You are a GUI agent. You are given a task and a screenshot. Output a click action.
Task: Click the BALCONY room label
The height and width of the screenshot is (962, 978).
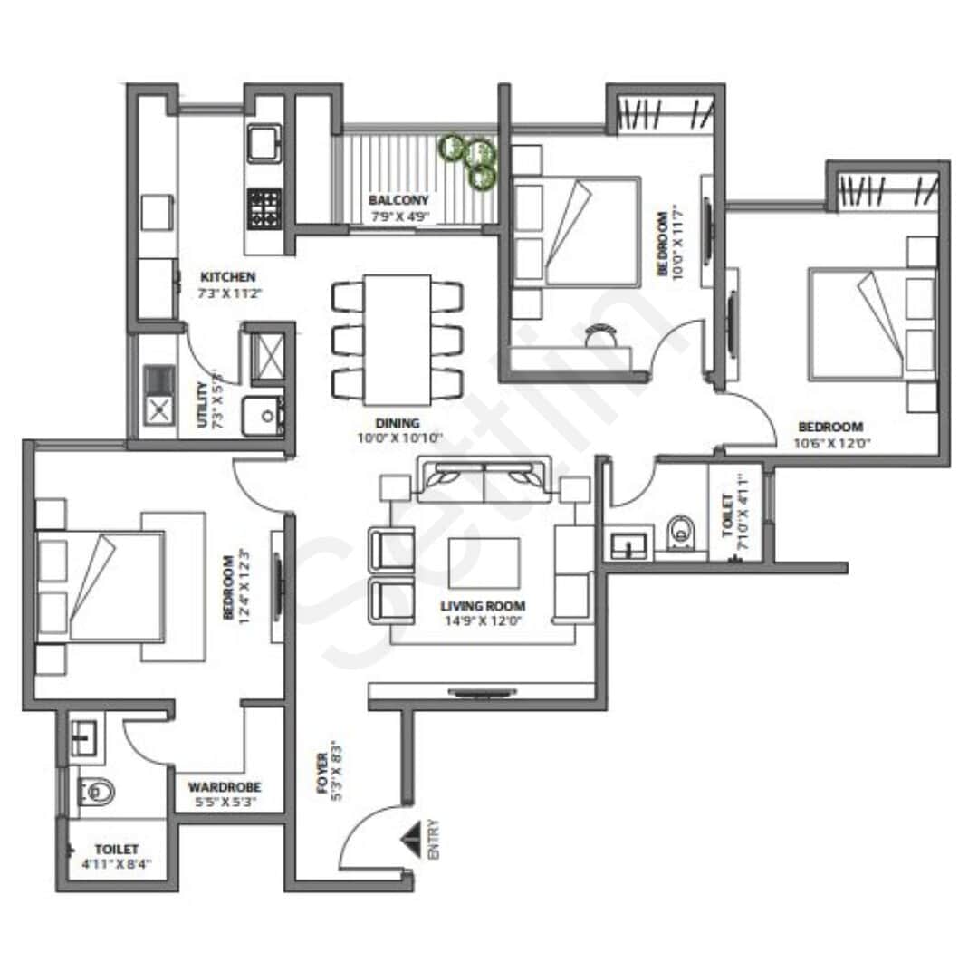pos(398,200)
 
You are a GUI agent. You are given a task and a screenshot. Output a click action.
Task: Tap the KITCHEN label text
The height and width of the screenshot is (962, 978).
pos(227,277)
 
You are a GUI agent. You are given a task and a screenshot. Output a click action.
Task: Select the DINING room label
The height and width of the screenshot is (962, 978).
pos(398,423)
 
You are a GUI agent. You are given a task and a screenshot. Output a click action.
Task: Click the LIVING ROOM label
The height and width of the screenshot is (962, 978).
pos(483,606)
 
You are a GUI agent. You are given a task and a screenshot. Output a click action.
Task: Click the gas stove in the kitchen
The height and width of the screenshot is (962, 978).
pos(265,207)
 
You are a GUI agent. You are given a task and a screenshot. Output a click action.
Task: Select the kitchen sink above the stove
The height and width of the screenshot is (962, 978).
pos(265,144)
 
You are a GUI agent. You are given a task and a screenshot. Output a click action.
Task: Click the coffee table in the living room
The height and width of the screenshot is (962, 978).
pos(484,563)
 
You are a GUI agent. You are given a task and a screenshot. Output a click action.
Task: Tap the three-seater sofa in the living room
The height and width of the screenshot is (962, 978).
pos(484,480)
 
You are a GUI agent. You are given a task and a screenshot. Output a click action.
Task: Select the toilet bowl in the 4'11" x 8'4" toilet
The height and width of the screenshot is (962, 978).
pos(96,794)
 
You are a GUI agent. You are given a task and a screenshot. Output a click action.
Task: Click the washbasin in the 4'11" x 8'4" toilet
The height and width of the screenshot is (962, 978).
pos(83,739)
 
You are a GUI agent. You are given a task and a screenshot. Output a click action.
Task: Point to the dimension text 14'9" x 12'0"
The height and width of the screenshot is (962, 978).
pos(483,621)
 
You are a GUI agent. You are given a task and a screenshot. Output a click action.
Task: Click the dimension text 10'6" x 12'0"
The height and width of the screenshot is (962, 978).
pos(829,443)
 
